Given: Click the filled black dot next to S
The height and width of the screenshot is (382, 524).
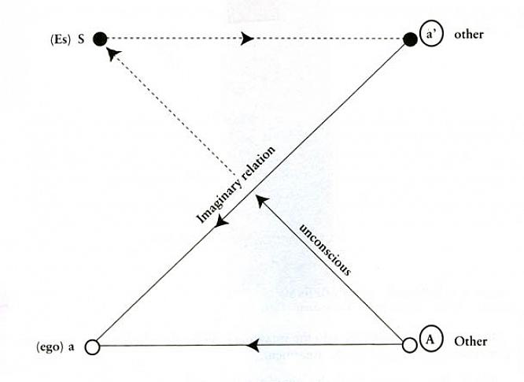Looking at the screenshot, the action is [x=100, y=39].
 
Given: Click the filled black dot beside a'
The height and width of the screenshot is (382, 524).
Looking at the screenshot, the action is [x=410, y=39].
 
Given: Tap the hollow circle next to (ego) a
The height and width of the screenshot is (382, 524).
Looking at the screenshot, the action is [x=93, y=347].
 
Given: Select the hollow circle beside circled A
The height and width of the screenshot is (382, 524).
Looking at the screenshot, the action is [x=409, y=345].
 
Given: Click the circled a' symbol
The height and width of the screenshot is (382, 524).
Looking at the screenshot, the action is [x=431, y=34].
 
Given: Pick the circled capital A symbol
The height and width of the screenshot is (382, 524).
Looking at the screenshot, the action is [x=430, y=339].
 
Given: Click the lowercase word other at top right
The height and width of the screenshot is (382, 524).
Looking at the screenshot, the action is [x=468, y=34].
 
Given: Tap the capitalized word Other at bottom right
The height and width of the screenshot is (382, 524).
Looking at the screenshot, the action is [x=470, y=341].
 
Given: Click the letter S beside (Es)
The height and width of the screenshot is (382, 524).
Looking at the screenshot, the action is [x=81, y=39].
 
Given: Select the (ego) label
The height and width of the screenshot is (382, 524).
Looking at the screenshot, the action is [x=50, y=347].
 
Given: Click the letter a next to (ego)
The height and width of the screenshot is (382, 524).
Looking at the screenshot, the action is [x=71, y=347].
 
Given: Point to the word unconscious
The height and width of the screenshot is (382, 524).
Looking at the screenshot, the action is [x=325, y=249].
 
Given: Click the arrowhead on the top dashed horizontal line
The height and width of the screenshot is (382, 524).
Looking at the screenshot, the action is [x=247, y=38].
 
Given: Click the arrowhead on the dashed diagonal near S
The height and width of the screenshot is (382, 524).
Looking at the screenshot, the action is [x=113, y=54].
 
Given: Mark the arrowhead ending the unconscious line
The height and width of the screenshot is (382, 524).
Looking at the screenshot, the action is [x=261, y=201].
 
